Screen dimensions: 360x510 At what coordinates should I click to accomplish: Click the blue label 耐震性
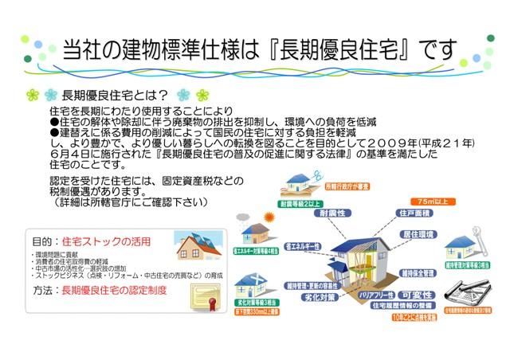tap(333, 213)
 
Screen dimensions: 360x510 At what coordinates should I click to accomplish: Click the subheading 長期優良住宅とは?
tap(119, 96)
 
